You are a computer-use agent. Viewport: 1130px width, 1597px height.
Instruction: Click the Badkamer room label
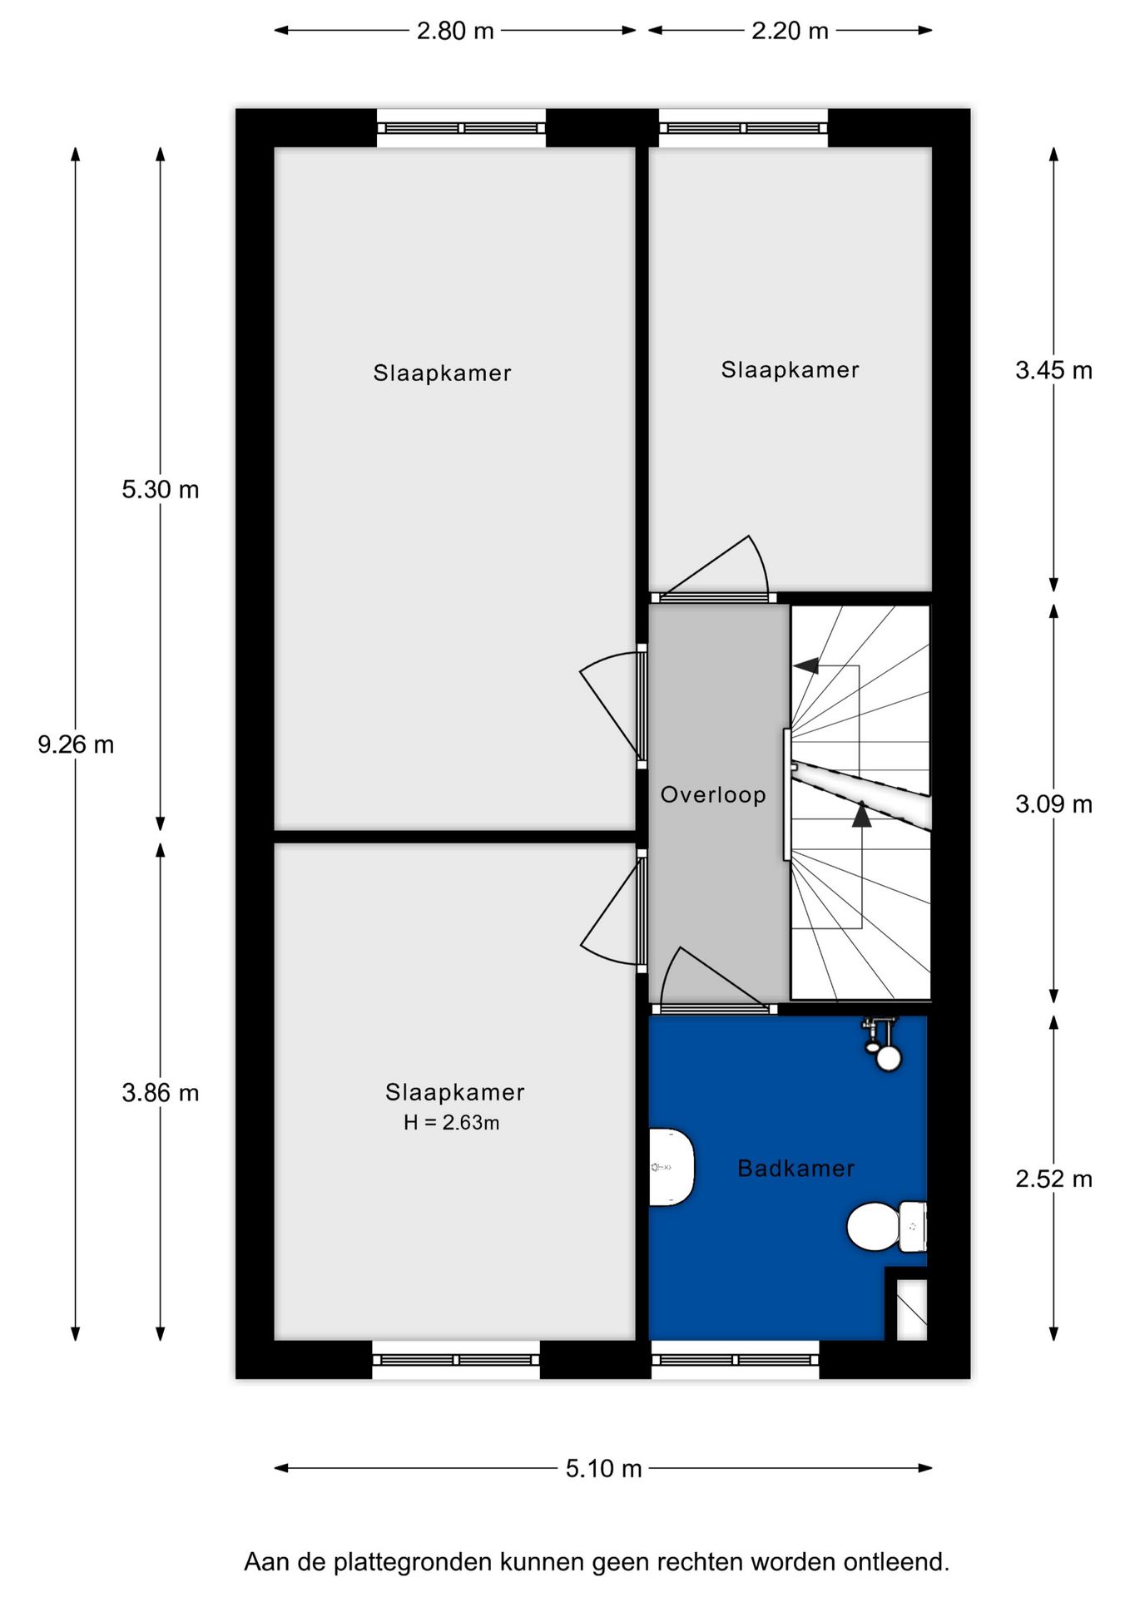(795, 1169)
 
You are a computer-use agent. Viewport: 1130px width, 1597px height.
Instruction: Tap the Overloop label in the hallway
(713, 795)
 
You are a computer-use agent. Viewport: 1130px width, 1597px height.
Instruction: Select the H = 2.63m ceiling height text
(452, 1123)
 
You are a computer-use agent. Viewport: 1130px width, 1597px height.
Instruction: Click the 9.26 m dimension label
(76, 744)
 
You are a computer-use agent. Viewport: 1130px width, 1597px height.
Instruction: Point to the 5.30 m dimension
(161, 490)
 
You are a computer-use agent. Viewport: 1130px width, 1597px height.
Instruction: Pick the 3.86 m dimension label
(161, 1093)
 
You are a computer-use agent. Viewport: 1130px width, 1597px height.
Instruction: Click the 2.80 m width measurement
(455, 32)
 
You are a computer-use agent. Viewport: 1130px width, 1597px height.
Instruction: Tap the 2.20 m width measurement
(790, 32)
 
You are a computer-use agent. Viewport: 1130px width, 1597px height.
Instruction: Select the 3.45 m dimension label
(1053, 370)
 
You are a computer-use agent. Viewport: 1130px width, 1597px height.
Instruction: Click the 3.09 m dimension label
(1053, 804)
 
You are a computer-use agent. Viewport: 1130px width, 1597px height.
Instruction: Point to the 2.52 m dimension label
(1053, 1179)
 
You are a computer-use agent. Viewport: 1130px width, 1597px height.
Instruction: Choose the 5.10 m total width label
(603, 1469)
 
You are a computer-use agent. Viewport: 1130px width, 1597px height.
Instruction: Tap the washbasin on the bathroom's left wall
(671, 1167)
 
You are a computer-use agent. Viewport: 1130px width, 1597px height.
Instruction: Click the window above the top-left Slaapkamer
(461, 128)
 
